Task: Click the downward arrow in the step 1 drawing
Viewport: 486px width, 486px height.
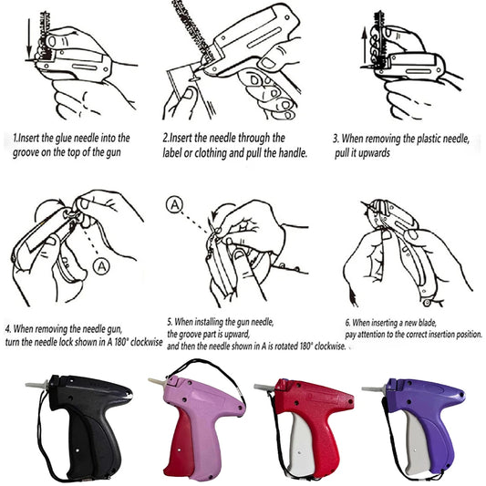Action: point(29,38)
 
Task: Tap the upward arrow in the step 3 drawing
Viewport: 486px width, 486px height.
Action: point(365,47)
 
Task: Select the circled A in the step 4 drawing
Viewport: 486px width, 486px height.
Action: point(101,266)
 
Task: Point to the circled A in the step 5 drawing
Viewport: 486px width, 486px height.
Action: point(174,205)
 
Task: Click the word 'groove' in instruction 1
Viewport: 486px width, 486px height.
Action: point(26,153)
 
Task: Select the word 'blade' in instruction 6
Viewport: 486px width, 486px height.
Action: point(427,323)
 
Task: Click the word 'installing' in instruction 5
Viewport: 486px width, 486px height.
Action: point(208,322)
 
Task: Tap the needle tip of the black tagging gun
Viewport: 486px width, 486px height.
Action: point(26,385)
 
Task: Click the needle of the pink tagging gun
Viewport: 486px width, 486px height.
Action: point(158,380)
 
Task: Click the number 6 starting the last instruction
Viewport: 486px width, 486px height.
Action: point(347,323)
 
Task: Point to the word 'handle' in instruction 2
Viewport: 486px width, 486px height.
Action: point(292,153)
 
